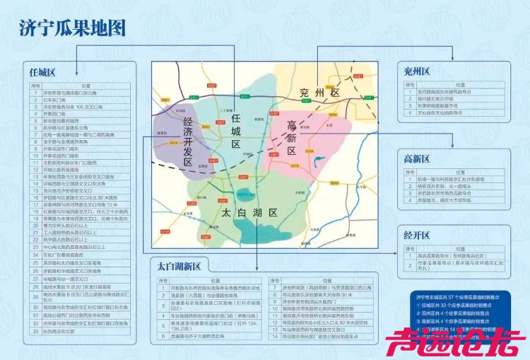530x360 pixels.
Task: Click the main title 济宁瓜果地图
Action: coord(73,28)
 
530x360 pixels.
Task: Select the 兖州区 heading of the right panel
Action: coord(417,72)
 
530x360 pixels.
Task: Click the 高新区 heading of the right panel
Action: coord(417,158)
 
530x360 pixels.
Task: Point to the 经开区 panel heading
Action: coord(417,235)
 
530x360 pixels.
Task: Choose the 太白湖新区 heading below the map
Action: coord(179,266)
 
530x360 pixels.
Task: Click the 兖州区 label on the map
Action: coord(319,93)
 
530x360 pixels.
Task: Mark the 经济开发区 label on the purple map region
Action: coord(188,142)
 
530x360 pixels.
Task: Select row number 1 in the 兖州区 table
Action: coord(408,92)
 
